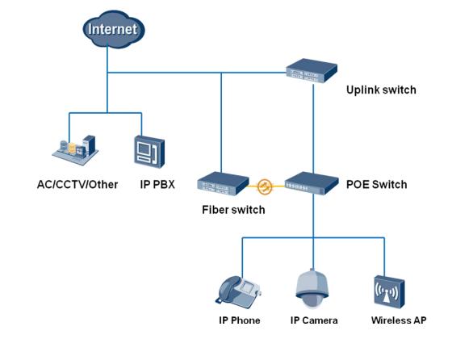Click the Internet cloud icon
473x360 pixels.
[x=114, y=29]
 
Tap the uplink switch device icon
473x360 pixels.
[x=312, y=71]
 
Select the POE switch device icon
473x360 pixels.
[x=312, y=183]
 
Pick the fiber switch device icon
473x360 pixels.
[x=223, y=183]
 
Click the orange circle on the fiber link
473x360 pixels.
[x=265, y=186]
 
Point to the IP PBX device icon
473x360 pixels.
[x=149, y=152]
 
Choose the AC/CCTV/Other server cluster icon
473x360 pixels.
[x=75, y=150]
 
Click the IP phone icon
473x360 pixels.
[x=238, y=292]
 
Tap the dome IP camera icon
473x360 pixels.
[x=312, y=289]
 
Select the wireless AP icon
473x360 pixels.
[x=389, y=292]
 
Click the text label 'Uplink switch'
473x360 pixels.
[x=381, y=90]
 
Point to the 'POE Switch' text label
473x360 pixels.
[x=376, y=184]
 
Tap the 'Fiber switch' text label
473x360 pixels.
[x=233, y=210]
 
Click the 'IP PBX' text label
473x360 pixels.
[x=157, y=184]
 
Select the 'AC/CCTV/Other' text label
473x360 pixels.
[x=77, y=184]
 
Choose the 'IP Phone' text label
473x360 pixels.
[x=240, y=320]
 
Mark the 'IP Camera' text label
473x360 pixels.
[x=314, y=320]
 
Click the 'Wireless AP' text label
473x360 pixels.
[x=399, y=320]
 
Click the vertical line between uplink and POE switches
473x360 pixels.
[x=313, y=129]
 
